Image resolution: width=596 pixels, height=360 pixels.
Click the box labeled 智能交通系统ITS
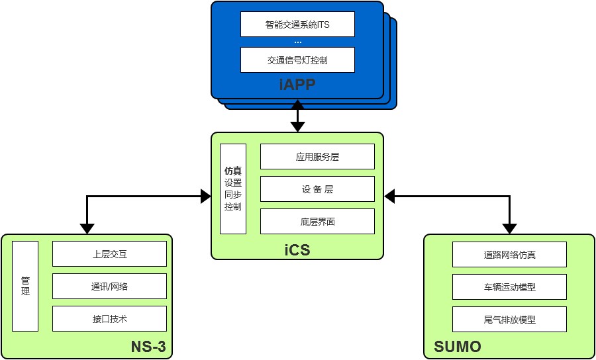tap(297, 24)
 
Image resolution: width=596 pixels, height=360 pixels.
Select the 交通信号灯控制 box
tap(297, 60)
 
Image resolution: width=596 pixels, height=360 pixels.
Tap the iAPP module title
tap(297, 85)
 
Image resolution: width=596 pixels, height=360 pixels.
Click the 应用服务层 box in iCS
tap(317, 157)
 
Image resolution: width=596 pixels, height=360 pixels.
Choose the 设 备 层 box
tap(317, 189)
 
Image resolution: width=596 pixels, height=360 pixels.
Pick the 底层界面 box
tap(317, 222)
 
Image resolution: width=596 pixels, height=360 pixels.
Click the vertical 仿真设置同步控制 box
tap(232, 189)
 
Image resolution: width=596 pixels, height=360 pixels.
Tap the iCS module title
tap(297, 250)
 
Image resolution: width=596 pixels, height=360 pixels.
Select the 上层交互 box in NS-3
tap(109, 253)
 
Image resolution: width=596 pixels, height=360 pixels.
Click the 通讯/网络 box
tap(109, 286)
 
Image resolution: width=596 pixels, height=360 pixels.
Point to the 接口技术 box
tap(109, 318)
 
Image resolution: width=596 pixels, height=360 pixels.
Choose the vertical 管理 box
tap(25, 286)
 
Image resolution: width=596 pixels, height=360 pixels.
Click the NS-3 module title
tap(148, 347)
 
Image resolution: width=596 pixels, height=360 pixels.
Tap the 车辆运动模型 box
tap(509, 287)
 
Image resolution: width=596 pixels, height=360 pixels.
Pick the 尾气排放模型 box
tap(509, 320)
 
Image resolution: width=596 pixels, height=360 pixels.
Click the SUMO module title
tap(457, 347)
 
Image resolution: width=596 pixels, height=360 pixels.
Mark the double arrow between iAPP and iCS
tap(297, 116)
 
